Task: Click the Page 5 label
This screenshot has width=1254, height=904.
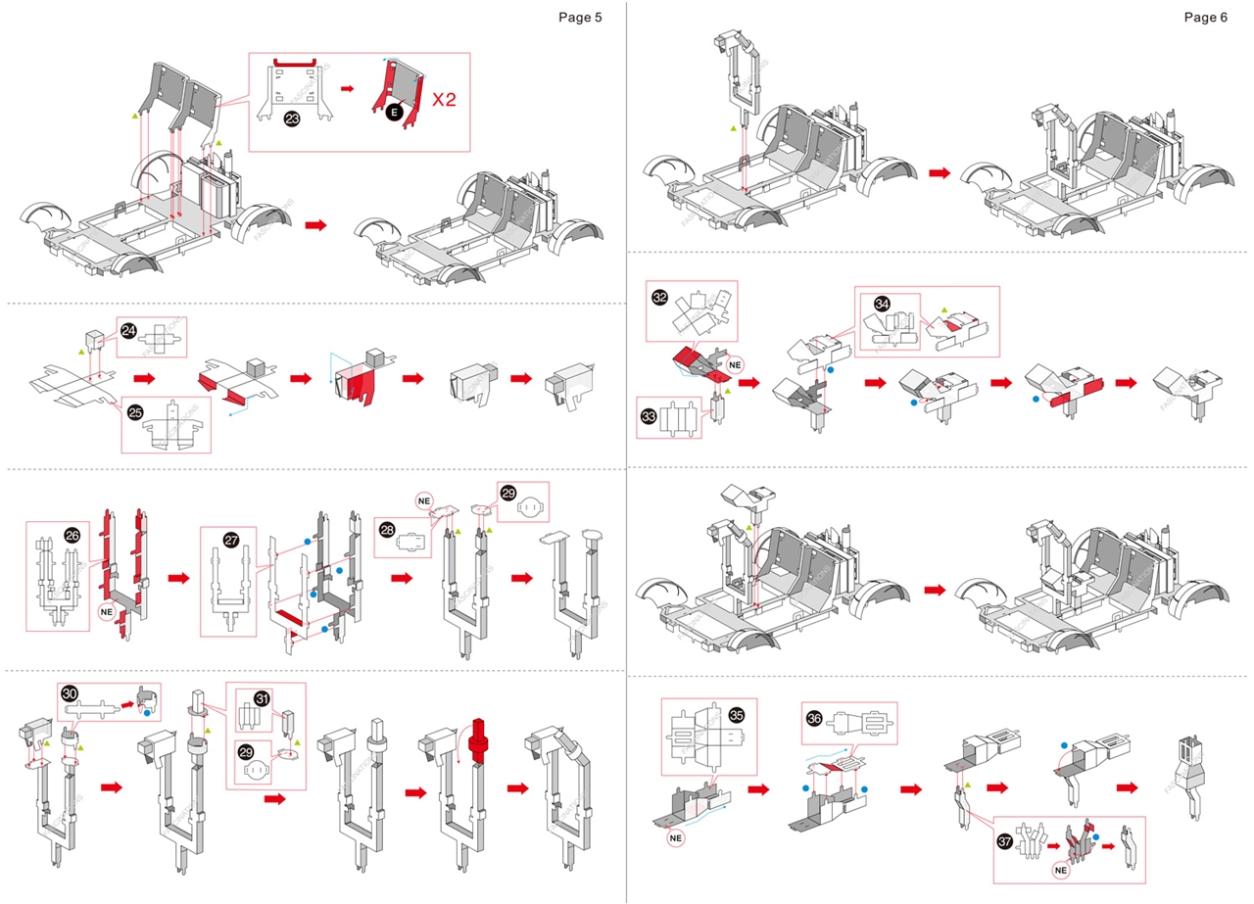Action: click(580, 17)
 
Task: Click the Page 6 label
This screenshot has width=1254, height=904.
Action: click(1205, 17)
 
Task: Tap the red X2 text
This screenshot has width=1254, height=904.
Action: click(445, 100)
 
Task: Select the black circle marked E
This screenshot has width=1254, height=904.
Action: click(394, 113)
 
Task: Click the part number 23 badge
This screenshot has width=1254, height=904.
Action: click(292, 119)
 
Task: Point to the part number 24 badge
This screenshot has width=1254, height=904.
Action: click(129, 331)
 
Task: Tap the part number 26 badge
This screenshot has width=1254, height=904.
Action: click(72, 535)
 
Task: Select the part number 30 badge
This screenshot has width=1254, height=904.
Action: click(70, 692)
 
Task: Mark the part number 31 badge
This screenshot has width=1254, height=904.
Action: click(262, 698)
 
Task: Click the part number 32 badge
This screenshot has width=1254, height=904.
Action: click(659, 297)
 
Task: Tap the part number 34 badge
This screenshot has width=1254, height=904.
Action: click(881, 304)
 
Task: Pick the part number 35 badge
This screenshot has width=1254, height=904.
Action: click(736, 714)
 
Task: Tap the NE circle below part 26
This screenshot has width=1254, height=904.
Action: click(110, 612)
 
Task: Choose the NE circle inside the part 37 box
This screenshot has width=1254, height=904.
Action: click(1061, 869)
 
